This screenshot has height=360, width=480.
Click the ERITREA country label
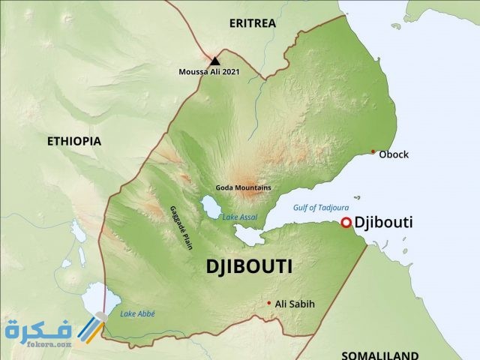[252, 23]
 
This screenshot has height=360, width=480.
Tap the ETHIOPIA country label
[73, 141]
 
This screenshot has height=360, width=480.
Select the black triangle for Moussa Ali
[215, 61]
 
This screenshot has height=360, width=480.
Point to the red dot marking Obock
[373, 151]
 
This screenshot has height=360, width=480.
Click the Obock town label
[394, 154]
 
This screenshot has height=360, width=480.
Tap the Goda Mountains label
[243, 187]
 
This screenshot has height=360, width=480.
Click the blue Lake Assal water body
[208, 205]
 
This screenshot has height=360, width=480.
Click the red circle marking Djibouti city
[346, 222]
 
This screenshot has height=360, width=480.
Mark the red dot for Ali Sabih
[269, 303]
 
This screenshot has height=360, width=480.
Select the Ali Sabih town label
[295, 304]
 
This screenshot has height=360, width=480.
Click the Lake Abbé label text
[137, 313]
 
